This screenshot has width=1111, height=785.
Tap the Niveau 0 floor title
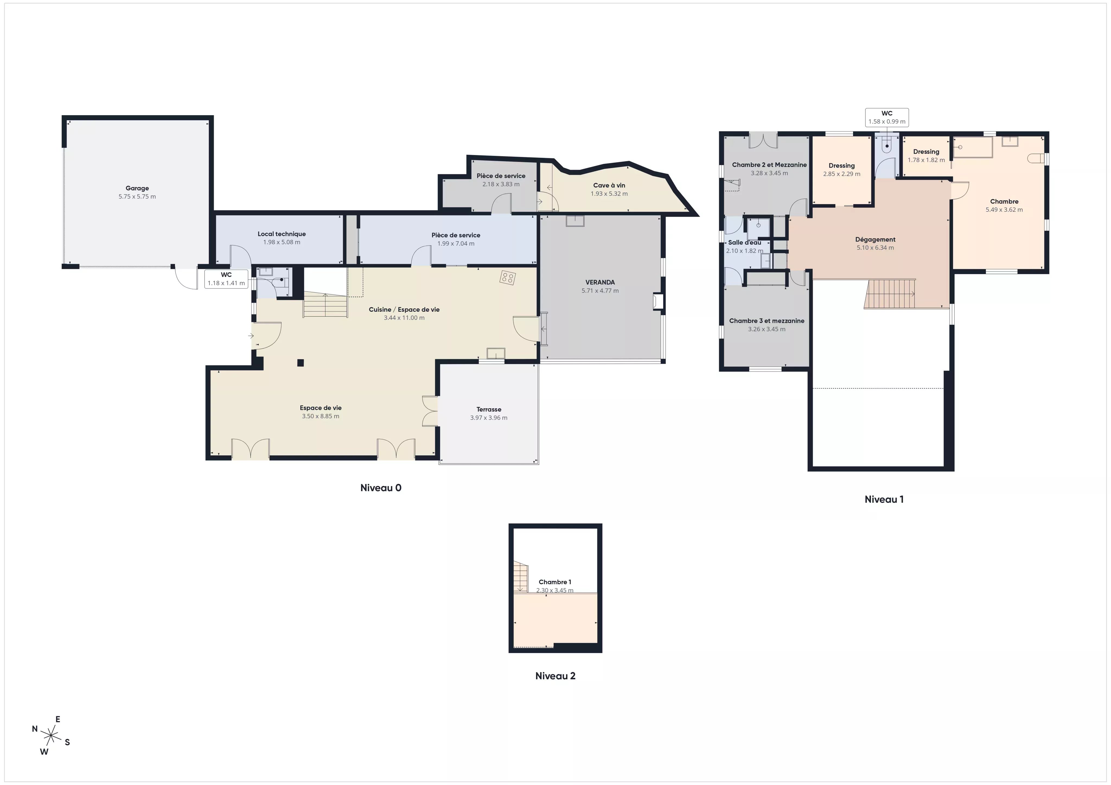pos(381,488)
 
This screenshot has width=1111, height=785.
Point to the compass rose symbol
pos(51,736)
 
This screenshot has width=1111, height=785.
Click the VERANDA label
pos(600,282)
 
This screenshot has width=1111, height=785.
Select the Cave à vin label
pos(609,185)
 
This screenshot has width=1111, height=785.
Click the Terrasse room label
pos(489,409)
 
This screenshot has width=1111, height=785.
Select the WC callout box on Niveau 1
pos(887,118)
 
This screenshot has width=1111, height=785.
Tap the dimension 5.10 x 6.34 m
pos(875,248)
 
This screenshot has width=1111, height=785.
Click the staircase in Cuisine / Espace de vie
pos(326,305)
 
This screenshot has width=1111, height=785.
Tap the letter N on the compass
pos(35,729)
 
